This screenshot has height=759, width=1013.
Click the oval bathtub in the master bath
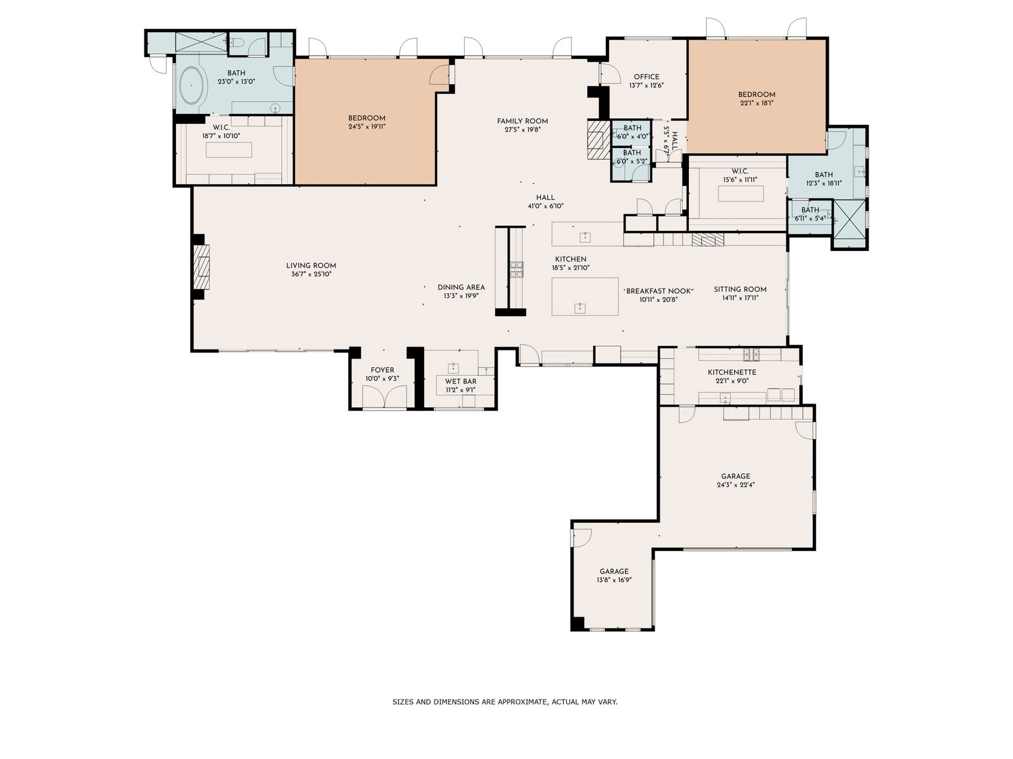(191, 86)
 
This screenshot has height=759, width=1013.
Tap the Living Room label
(311, 266)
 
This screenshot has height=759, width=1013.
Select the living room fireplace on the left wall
(201, 267)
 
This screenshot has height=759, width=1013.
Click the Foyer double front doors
(384, 397)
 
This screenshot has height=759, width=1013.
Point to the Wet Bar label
(460, 381)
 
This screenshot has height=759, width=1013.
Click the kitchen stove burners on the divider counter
(517, 269)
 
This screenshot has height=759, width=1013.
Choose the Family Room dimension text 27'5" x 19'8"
(522, 130)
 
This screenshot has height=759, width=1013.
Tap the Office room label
(646, 77)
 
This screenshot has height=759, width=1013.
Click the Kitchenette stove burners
(751, 354)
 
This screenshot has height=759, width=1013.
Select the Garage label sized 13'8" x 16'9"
(613, 571)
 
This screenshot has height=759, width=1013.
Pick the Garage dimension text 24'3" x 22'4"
(736, 484)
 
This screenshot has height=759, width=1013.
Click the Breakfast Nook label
(658, 291)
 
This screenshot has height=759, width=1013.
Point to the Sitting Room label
(739, 290)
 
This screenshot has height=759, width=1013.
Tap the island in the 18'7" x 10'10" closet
(229, 150)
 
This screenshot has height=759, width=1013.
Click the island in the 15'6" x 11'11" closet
(741, 194)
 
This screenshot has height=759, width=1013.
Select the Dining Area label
(461, 288)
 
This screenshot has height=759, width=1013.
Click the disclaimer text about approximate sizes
(505, 702)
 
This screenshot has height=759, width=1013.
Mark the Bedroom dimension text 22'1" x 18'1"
(757, 103)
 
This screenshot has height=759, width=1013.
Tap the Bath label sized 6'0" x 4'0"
(632, 128)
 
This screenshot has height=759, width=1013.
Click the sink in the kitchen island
(580, 308)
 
